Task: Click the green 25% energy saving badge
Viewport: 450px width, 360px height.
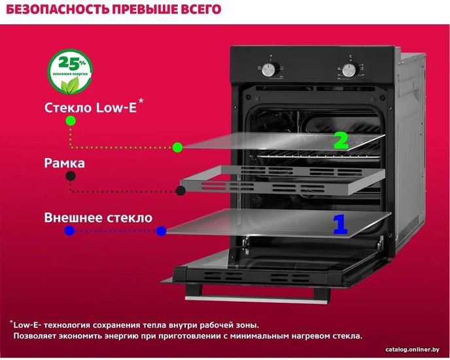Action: click(x=70, y=72)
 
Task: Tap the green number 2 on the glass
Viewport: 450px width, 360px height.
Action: click(x=341, y=141)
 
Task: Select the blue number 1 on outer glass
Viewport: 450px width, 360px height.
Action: click(x=340, y=224)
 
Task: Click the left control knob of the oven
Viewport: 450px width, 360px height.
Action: click(x=268, y=69)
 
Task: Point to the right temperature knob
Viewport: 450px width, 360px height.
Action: click(x=349, y=70)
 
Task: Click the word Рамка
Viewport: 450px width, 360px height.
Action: click(x=65, y=163)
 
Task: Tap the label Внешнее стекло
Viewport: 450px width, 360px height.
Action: click(x=98, y=217)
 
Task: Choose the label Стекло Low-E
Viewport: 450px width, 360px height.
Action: click(x=90, y=108)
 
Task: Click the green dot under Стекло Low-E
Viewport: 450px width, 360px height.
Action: click(x=71, y=120)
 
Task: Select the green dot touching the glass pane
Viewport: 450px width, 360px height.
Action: click(x=178, y=147)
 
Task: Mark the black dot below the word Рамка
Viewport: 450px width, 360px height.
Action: click(x=71, y=176)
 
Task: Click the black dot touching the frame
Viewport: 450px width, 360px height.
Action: click(x=181, y=190)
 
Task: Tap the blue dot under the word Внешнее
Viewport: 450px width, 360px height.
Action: click(x=70, y=230)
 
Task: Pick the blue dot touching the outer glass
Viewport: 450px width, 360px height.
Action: click(x=162, y=230)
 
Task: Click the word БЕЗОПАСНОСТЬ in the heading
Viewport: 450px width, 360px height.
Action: click(x=58, y=9)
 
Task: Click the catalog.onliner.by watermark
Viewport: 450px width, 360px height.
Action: click(x=413, y=350)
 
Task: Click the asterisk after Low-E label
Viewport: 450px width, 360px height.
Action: click(x=141, y=101)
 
